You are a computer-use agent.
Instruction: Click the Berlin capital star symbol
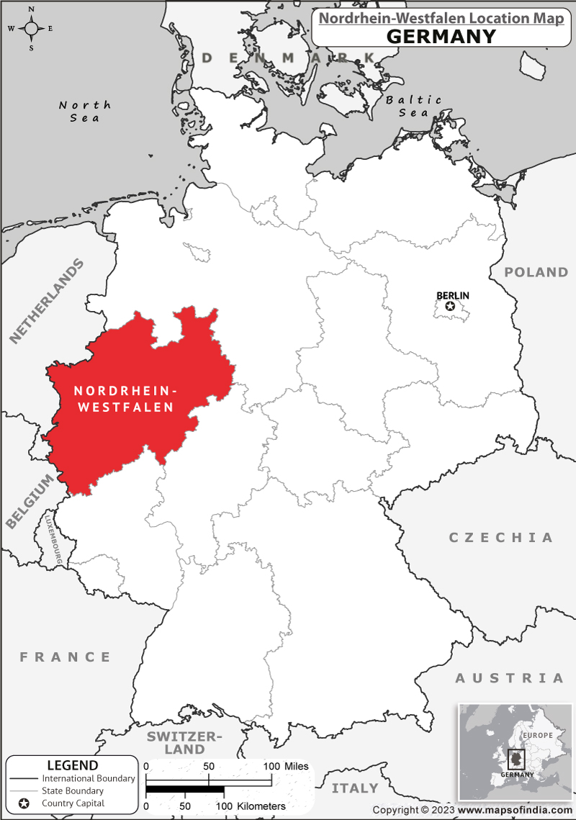click(451, 307)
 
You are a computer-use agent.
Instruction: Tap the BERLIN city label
click(453, 295)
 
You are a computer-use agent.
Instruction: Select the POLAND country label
click(536, 272)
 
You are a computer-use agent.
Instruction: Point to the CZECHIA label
click(501, 538)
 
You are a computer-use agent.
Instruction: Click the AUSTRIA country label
click(509, 678)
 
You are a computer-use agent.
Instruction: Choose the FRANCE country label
click(66, 657)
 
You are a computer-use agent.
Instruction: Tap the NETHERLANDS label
click(47, 300)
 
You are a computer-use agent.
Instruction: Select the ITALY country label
click(355, 788)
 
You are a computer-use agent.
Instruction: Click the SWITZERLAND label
click(185, 742)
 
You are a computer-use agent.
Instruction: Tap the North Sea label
click(85, 111)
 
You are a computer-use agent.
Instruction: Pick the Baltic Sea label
click(414, 106)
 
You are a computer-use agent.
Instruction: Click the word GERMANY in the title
click(441, 36)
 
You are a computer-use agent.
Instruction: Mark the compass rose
click(32, 29)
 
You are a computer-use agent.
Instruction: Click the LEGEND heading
click(72, 765)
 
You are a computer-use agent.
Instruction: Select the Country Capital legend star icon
click(23, 803)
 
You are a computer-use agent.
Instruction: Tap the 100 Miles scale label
click(287, 766)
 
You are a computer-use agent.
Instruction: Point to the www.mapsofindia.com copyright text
click(515, 810)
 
